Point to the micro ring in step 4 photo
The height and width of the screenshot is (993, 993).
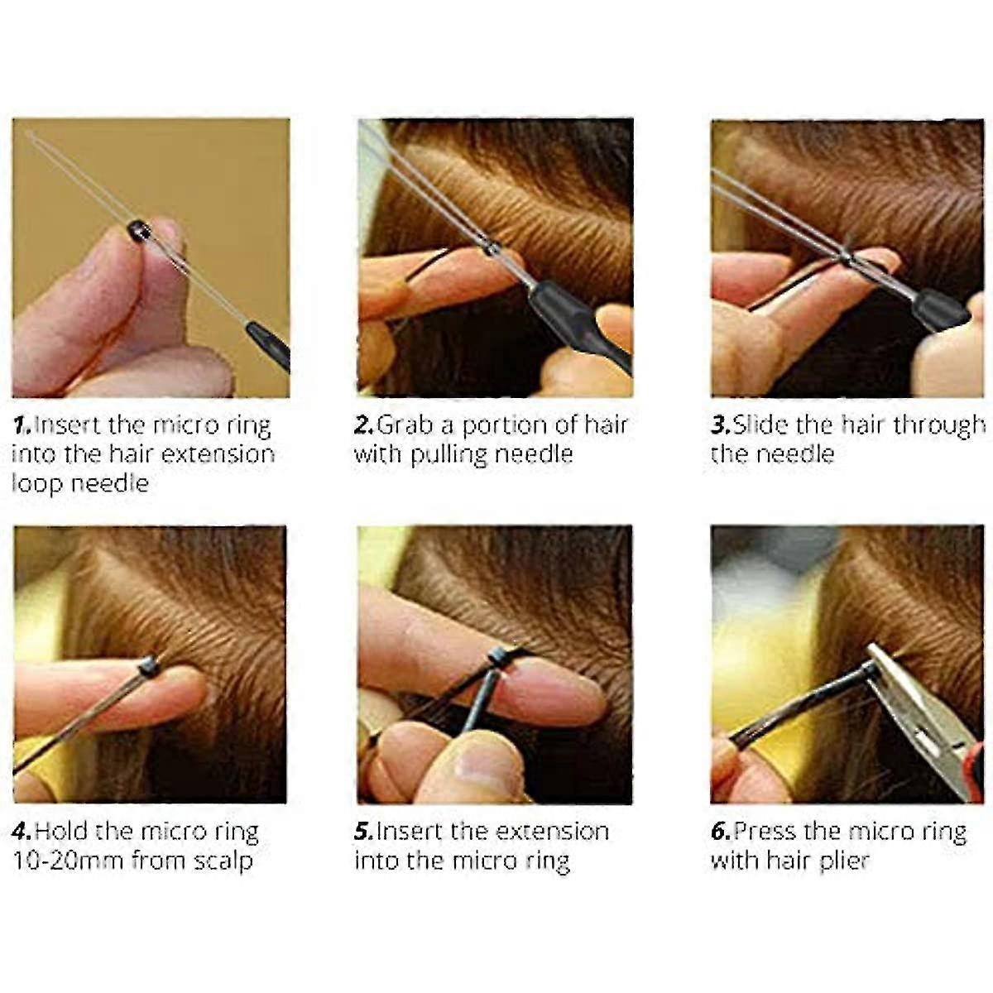pos(148,665)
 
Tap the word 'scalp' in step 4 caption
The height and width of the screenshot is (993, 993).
pos(223,861)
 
